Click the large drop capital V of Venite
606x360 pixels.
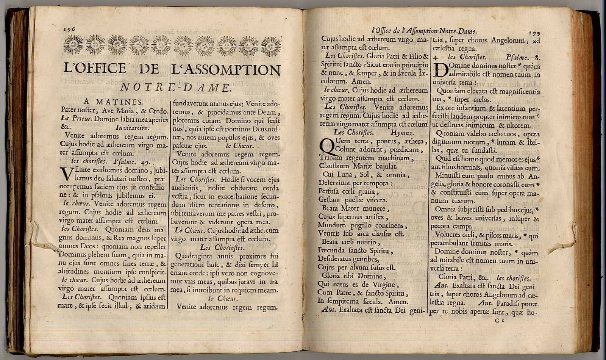[x=67, y=175]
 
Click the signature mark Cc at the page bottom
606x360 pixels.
[x=501, y=321]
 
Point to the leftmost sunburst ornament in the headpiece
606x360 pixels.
[x=73, y=45]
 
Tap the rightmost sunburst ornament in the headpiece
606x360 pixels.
[x=270, y=46]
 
